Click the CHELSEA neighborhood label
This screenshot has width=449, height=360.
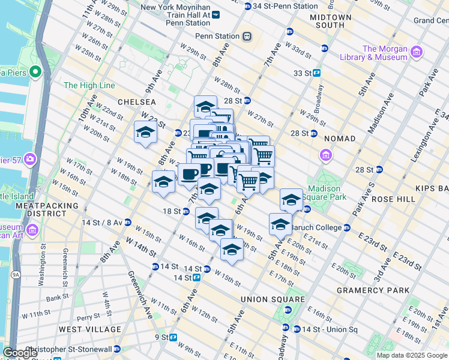136,102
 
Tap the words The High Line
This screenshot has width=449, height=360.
89,86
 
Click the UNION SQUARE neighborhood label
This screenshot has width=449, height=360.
273,299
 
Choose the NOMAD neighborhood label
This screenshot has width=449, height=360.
340,139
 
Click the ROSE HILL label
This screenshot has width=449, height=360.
393,199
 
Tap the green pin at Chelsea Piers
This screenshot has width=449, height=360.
35,73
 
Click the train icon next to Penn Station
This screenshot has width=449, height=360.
246,36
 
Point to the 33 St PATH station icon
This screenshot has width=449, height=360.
316,73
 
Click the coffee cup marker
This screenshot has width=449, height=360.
190,175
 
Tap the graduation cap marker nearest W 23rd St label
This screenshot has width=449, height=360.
145,132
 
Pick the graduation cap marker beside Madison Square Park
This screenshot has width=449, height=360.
291,199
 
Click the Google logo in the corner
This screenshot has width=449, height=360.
20,353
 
